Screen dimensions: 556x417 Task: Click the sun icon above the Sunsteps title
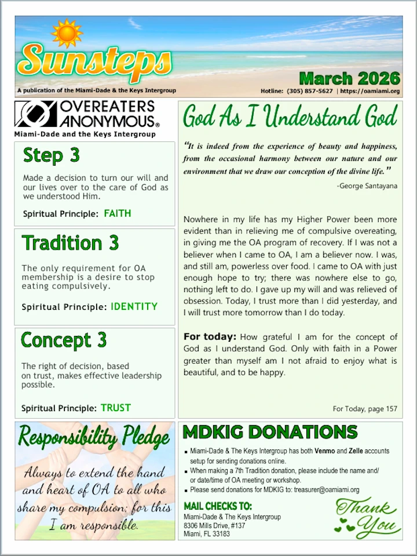pos(67,33)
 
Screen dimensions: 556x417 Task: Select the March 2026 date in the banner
pos(349,78)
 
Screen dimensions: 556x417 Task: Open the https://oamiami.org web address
pos(370,91)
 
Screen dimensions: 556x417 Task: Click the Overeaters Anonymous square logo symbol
pos(35,115)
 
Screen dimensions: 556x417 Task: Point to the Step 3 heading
pos(52,156)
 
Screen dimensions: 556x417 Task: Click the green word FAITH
pos(118,213)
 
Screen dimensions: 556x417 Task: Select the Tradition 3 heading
pos(70,243)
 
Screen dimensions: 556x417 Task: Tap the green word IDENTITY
pos(134,306)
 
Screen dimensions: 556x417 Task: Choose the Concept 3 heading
pos(64,340)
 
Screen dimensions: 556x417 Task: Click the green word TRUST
pos(116,408)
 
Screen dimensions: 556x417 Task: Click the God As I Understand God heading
pos(290,117)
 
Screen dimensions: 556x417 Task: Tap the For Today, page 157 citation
pos(364,409)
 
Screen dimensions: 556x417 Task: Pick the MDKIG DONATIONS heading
pos(270,432)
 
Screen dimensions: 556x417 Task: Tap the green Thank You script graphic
pos(367,517)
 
